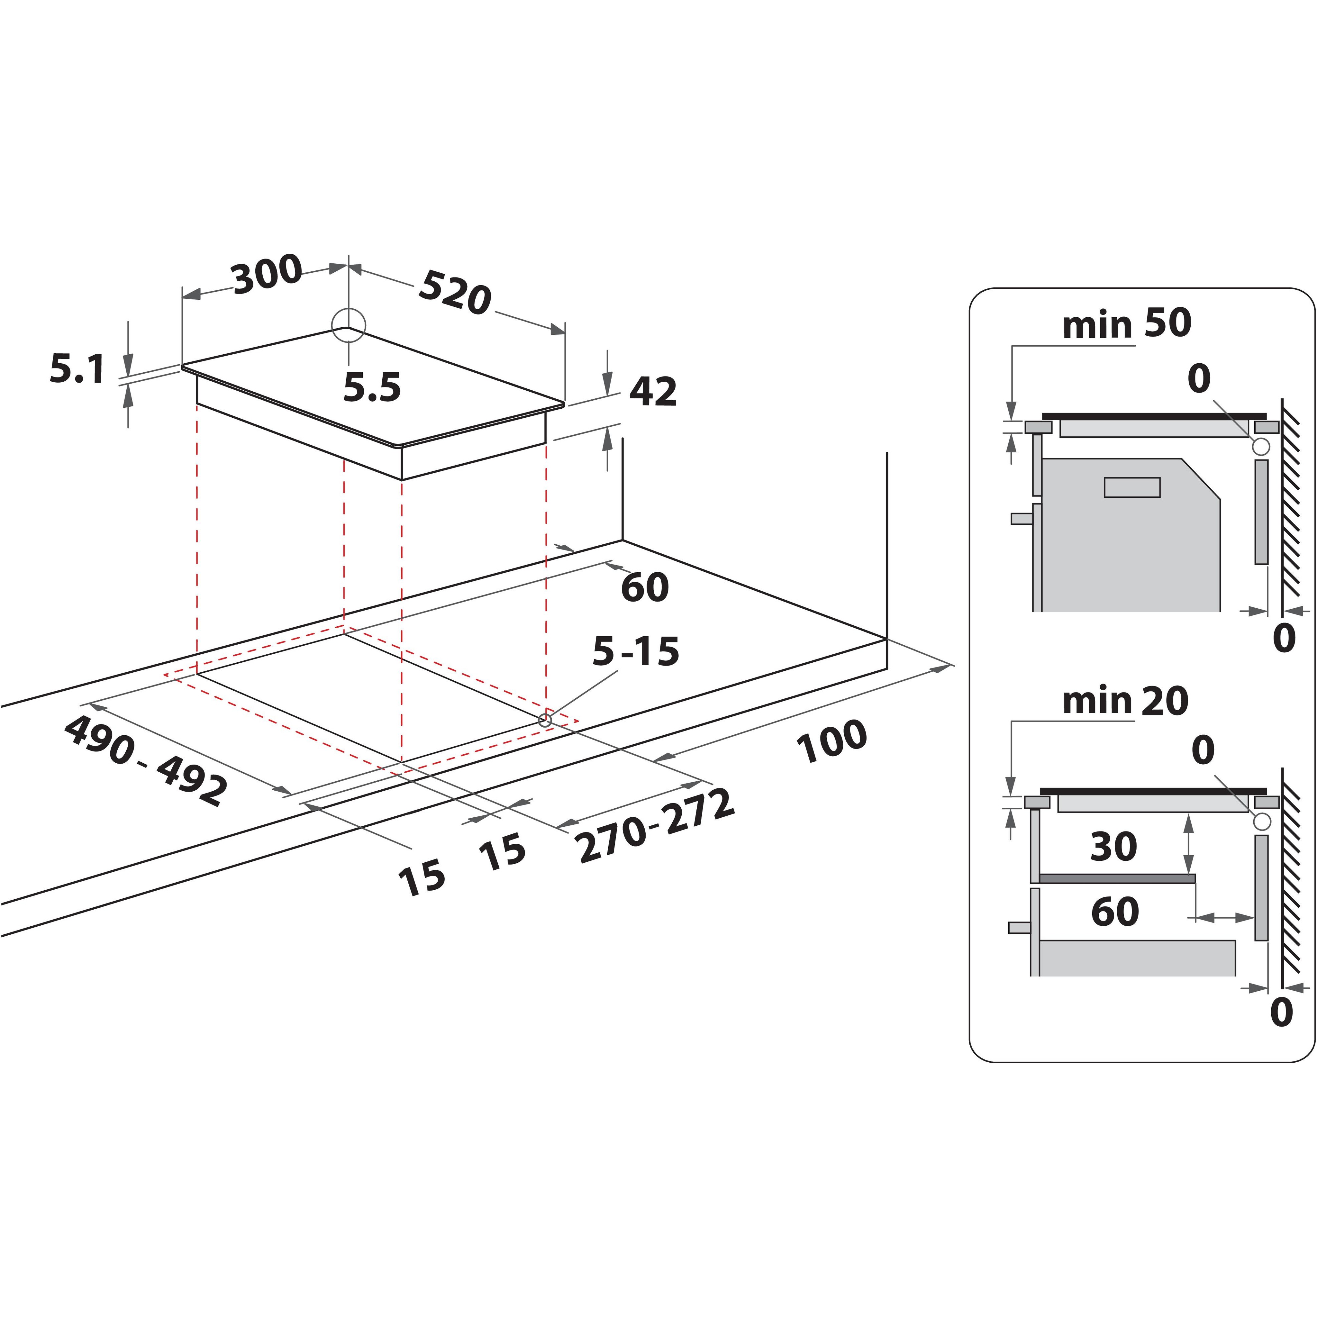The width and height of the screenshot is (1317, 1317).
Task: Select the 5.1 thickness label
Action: point(77,369)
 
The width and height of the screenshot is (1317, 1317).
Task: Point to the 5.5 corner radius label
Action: point(371,387)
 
